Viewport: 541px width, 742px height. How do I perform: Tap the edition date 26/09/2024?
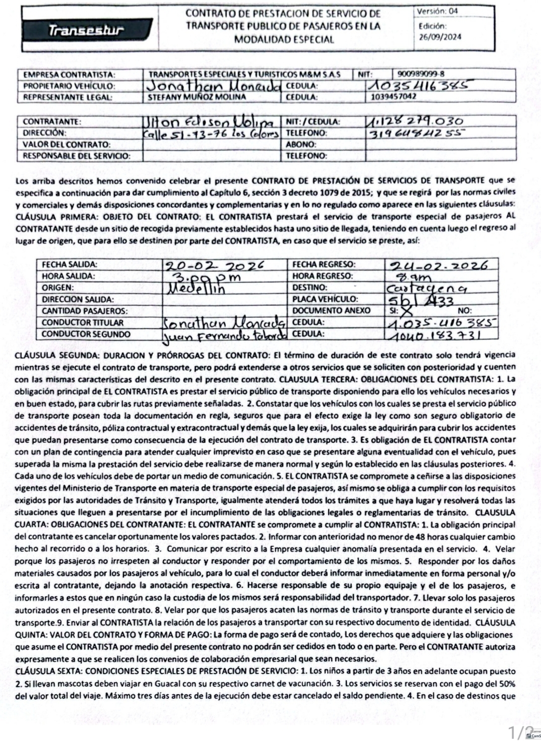pyautogui.click(x=440, y=36)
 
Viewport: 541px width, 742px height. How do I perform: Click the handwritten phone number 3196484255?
pyautogui.click(x=415, y=134)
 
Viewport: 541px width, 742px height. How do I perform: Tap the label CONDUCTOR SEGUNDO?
pyautogui.click(x=86, y=334)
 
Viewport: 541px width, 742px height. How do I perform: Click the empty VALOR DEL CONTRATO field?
pyautogui.click(x=211, y=145)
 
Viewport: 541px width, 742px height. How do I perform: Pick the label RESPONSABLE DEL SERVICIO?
pyautogui.click(x=76, y=156)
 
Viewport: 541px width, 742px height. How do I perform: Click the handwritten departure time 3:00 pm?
pyautogui.click(x=206, y=277)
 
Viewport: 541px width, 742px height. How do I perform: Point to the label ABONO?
pyautogui.click(x=301, y=145)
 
